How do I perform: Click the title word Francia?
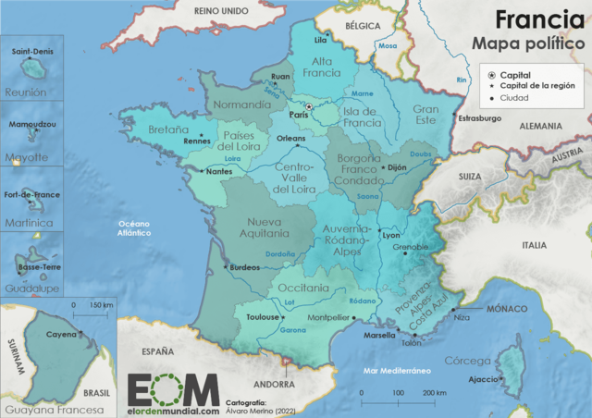coord(532,19)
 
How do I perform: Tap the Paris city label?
coord(297,115)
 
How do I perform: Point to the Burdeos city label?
coord(244,267)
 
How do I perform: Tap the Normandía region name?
coord(241,104)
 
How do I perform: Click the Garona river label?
coord(292,330)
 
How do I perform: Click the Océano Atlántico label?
coord(132,229)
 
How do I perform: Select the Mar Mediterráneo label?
coord(399,370)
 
